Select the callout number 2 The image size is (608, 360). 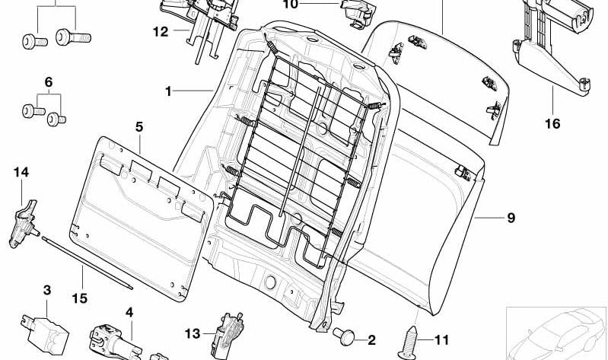pos(371,340)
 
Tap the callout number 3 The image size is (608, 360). pos(47,290)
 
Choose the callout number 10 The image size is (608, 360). pos(290,5)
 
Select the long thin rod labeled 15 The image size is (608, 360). pos(88,263)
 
